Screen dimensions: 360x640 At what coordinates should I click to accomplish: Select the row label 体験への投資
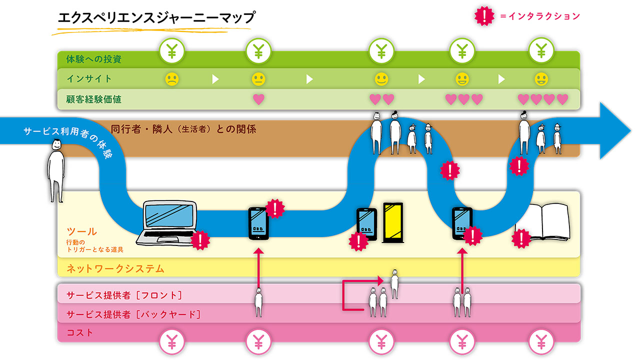(x=94, y=59)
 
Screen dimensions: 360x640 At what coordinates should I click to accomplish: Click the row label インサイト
(x=89, y=79)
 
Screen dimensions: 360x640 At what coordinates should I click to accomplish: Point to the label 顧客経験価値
(x=94, y=99)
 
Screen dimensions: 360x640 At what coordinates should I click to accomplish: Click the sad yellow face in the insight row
(x=171, y=79)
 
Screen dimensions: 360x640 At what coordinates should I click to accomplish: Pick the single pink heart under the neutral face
(x=258, y=99)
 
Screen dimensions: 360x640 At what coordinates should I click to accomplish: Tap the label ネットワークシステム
(x=115, y=269)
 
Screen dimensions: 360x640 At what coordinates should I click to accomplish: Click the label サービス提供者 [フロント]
(x=124, y=295)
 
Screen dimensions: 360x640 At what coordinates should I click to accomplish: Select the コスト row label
(x=80, y=332)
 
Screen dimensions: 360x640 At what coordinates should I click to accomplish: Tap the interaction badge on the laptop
(x=200, y=240)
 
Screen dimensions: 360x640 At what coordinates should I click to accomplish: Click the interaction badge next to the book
(x=521, y=238)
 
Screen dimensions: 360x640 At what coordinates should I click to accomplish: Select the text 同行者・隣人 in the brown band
(x=139, y=129)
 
